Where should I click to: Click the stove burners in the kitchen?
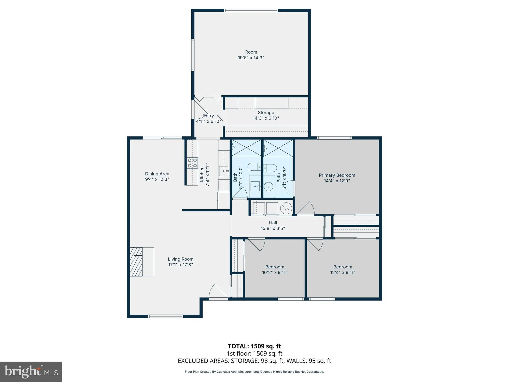[x=192, y=163]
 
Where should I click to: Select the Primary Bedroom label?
[x=337, y=175]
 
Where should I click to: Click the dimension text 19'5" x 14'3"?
[x=251, y=58]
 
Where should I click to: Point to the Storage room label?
[x=266, y=113]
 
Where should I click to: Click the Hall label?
[x=273, y=223]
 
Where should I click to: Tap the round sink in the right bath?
[x=268, y=187]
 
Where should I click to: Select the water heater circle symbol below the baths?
[x=286, y=208]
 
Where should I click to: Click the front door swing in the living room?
[x=218, y=292]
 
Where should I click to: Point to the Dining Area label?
[x=157, y=174]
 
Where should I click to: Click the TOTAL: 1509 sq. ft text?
[x=254, y=346]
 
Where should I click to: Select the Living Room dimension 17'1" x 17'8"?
[x=180, y=265]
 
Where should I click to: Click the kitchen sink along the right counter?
[x=224, y=171]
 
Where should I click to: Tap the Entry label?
[x=208, y=116]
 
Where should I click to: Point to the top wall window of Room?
[x=251, y=11]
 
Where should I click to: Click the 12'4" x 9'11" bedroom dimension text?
[x=343, y=272]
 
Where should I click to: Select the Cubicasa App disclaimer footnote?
[x=254, y=372]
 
